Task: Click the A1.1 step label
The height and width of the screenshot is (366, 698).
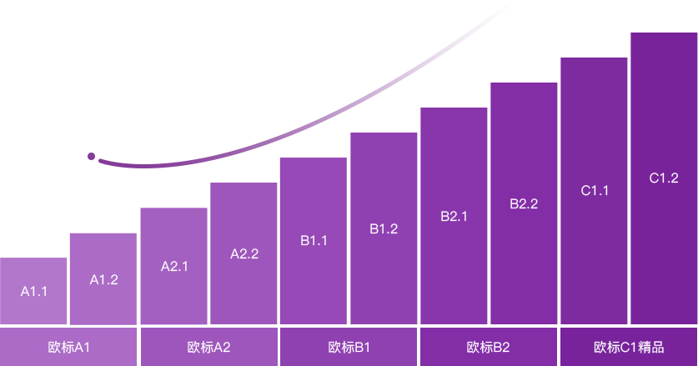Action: click(34, 292)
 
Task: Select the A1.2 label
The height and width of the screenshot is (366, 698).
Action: click(103, 280)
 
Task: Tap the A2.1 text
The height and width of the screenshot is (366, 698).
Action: click(174, 267)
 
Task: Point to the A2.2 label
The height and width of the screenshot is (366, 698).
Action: click(244, 254)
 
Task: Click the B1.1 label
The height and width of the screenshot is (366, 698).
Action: click(314, 241)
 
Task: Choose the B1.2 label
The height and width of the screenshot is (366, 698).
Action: click(384, 228)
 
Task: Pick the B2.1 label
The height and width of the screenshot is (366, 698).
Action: click(454, 216)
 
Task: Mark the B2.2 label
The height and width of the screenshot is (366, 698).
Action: click(524, 203)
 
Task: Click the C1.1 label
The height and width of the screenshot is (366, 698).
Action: click(595, 190)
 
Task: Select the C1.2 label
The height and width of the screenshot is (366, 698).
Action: click(664, 178)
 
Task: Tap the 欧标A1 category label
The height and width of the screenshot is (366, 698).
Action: click(69, 347)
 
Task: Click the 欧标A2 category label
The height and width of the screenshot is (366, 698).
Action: click(208, 347)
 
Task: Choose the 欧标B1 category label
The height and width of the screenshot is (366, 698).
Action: click(349, 347)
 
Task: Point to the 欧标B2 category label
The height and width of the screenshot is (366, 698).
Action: click(488, 347)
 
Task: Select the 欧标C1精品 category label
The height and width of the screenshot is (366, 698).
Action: click(629, 347)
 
